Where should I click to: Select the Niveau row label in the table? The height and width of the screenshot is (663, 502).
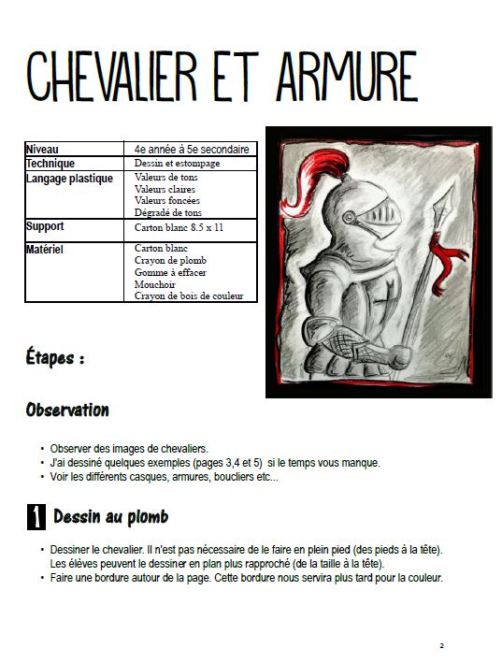click(x=42, y=149)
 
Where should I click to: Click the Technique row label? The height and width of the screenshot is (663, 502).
click(x=50, y=164)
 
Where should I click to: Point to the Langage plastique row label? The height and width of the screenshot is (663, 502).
click(x=69, y=178)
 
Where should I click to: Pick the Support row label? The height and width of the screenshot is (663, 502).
click(x=45, y=226)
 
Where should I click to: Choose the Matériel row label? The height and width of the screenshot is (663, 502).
click(x=45, y=250)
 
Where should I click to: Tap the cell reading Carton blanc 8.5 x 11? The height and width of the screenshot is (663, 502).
click(x=179, y=227)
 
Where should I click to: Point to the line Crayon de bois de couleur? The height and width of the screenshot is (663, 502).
click(x=188, y=295)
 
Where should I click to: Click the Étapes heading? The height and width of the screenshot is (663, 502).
click(x=56, y=357)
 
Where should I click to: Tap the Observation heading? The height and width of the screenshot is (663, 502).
click(x=67, y=410)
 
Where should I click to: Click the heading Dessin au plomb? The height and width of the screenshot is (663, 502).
click(x=110, y=516)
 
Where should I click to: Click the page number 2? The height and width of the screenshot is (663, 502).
click(x=440, y=645)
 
